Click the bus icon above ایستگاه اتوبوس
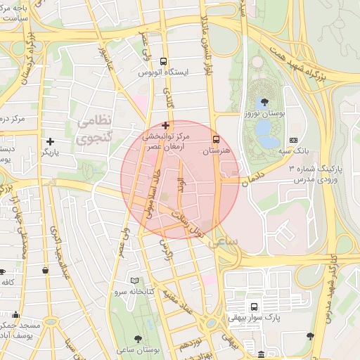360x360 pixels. (x=164, y=61)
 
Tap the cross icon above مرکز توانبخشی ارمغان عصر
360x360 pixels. (x=165, y=125)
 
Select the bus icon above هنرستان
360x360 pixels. (x=216, y=139)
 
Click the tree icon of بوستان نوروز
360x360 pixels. (x=264, y=102)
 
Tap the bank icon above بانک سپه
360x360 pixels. (x=293, y=140)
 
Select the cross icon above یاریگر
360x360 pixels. (x=50, y=141)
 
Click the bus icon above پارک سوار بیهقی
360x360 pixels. (x=254, y=307)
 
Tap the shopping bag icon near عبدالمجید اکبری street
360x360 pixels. (x=46, y=270)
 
